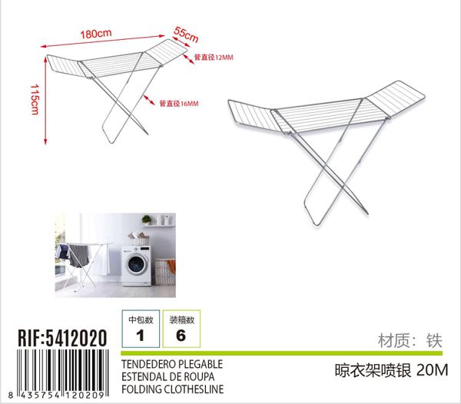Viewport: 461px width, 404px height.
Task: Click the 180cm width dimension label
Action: pos(96,34)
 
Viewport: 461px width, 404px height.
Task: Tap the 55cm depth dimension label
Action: pos(186,34)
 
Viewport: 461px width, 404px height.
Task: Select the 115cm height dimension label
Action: pos(35,99)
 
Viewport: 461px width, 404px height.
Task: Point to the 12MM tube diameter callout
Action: pos(214,58)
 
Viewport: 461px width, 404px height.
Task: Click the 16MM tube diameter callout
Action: pos(179,104)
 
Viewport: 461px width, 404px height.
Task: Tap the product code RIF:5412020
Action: pos(62,338)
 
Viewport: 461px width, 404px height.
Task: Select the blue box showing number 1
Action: pos(141,329)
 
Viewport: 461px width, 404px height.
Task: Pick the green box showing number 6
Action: pos(181,329)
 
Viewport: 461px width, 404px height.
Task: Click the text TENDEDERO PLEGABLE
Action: pos(172,364)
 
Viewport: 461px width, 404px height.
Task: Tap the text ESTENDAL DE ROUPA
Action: pos(167,376)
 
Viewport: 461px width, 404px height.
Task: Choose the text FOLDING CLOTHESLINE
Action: pos(173,389)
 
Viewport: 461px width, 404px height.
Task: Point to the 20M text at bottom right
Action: pos(432,370)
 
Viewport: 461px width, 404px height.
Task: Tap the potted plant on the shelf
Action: pos(147,220)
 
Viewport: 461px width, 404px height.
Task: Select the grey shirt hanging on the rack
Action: pos(79,257)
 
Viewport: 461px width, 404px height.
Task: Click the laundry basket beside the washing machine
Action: pos(165,272)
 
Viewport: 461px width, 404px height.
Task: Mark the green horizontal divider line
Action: pos(282,353)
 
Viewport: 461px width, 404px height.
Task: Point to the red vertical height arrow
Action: pos(45,101)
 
